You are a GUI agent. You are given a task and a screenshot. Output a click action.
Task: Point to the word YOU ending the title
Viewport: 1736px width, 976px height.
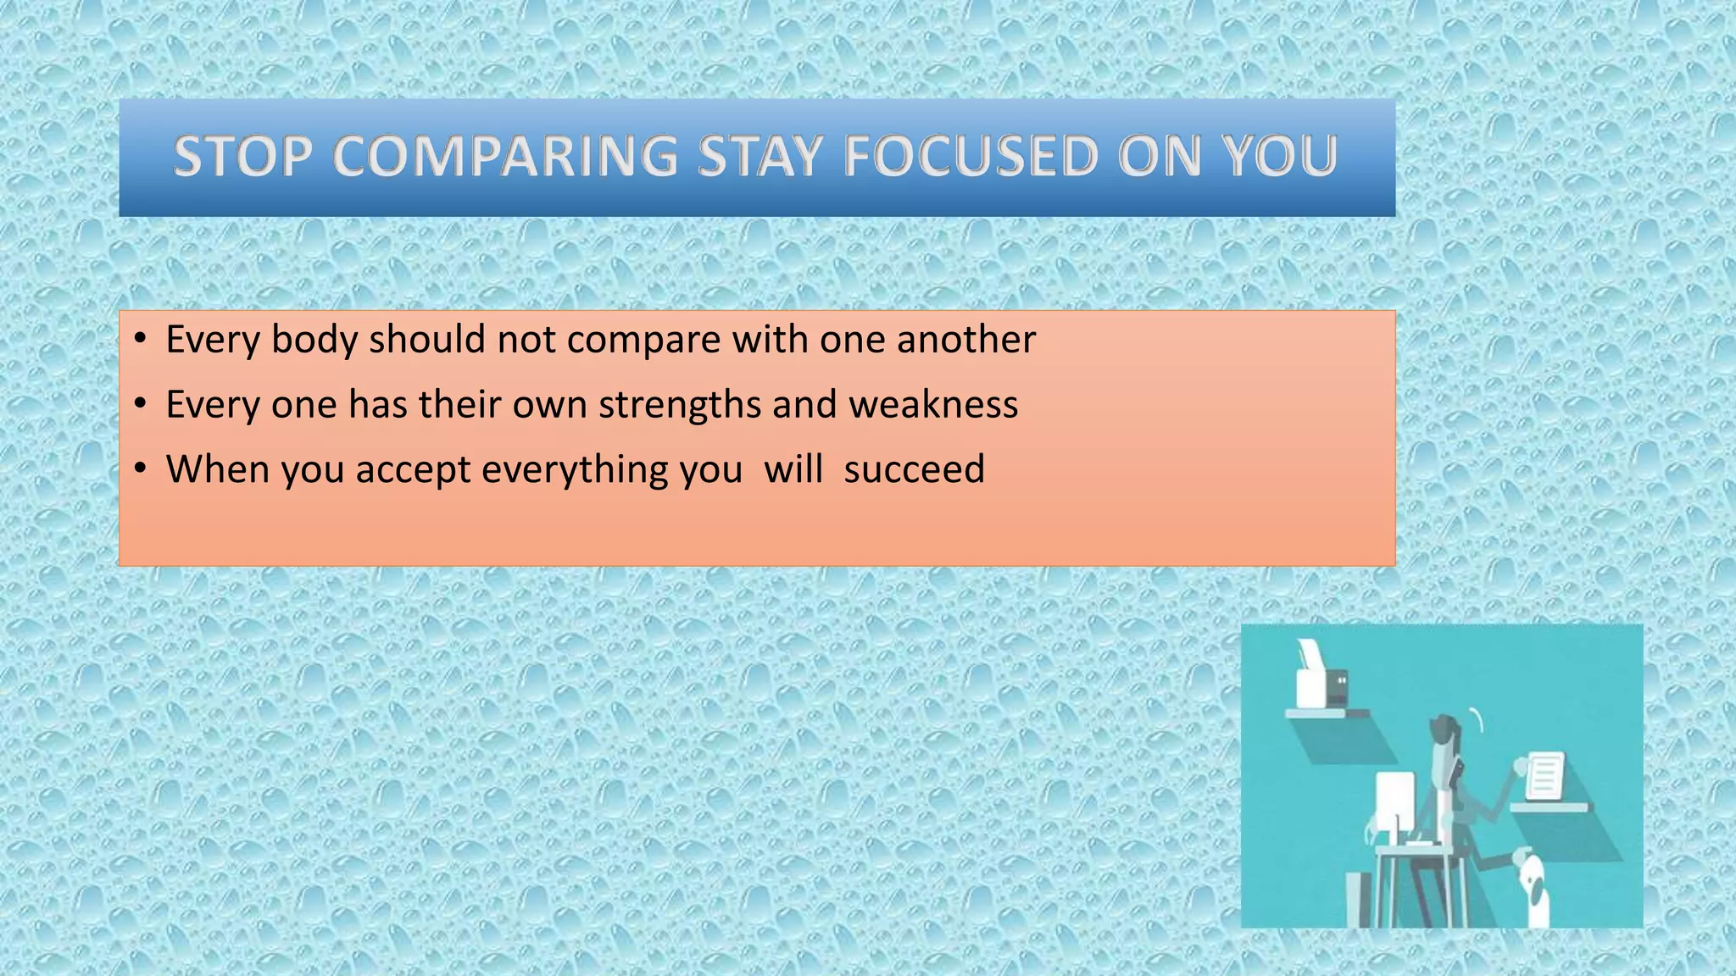coord(1278,157)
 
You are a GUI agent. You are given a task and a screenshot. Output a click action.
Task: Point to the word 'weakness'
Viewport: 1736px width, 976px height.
coord(933,404)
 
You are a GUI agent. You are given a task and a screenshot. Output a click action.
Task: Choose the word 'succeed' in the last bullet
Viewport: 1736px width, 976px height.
coord(914,469)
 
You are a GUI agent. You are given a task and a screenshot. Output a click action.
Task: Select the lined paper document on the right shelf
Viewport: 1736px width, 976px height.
coord(1544,776)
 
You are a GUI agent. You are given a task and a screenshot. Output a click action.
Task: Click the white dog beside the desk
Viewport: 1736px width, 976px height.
coord(1535,890)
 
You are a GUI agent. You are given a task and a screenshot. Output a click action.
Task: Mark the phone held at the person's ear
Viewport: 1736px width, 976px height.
coord(1458,770)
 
